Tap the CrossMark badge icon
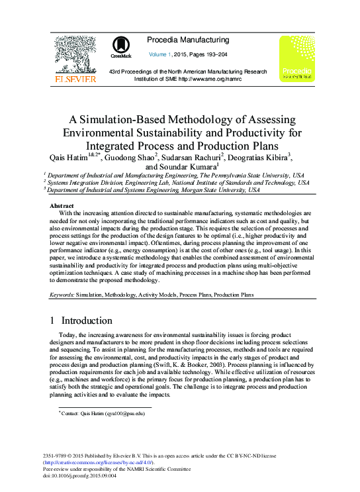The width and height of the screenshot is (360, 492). [121, 46]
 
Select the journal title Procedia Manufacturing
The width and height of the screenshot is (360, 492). [188, 40]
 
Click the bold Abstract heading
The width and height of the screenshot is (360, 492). [62, 206]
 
